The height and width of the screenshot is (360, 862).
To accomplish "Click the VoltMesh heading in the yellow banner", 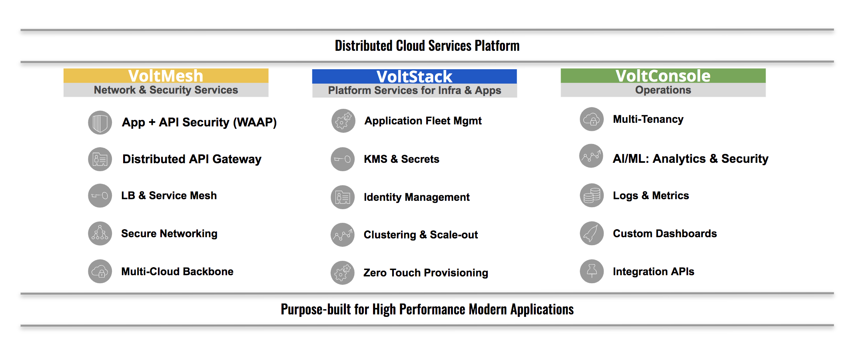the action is (166, 76).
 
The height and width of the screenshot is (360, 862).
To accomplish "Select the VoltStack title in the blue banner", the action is (414, 77).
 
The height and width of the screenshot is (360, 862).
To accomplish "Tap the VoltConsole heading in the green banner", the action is (663, 76).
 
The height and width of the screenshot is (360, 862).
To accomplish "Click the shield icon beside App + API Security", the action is (100, 122).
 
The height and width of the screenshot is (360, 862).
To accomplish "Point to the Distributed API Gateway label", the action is (192, 159).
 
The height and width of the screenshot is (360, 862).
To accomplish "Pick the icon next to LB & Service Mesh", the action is (100, 196).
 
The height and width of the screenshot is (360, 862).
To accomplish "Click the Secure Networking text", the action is (170, 234).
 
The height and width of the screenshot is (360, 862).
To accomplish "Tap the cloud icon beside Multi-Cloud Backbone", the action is (100, 272).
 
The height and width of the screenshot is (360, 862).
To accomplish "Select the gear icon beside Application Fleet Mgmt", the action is (343, 121).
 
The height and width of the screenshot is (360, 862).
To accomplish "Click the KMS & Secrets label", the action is (401, 159).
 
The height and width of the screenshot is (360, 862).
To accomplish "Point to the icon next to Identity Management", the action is (343, 197).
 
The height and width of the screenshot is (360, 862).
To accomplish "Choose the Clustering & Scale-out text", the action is (421, 235).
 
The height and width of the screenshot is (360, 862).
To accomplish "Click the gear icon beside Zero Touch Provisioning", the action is (343, 273).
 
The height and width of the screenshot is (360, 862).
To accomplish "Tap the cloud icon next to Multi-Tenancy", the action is (592, 119).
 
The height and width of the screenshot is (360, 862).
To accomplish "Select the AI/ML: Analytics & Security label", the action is (690, 159).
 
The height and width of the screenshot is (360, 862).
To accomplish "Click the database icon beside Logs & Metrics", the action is (592, 196).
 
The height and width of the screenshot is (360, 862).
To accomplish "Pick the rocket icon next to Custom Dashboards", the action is (592, 233).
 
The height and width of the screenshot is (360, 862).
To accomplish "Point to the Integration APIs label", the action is (654, 272).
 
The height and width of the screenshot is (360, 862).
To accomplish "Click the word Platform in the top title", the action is (497, 46).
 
